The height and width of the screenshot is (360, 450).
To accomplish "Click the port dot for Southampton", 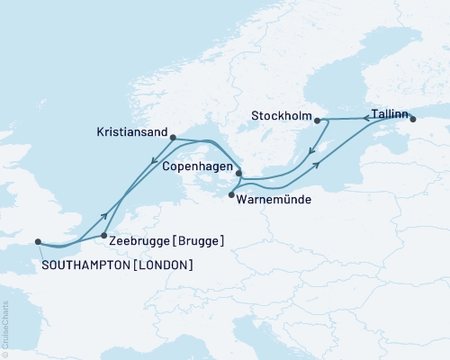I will click(38, 241).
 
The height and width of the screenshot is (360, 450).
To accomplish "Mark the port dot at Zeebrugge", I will click(105, 235).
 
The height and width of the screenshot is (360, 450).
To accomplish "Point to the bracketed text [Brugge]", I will click(200, 242).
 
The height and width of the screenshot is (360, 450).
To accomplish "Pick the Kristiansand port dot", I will click(173, 138).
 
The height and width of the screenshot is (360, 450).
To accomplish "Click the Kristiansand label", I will click(131, 132).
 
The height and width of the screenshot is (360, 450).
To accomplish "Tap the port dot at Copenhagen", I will click(238, 173).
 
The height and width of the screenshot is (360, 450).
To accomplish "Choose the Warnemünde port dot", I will click(232, 194).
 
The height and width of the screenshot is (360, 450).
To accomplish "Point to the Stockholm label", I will click(282, 114).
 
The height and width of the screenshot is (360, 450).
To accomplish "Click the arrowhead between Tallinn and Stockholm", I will click(354, 119).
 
